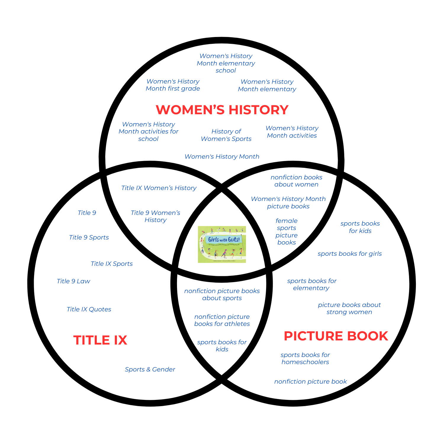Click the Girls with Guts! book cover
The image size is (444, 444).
click(x=222, y=244)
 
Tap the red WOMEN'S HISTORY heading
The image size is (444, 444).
click(x=222, y=110)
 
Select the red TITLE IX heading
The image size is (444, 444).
click(x=100, y=340)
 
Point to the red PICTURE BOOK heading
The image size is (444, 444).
click(x=336, y=336)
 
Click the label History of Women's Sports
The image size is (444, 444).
click(x=226, y=135)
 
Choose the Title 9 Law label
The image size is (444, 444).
click(x=73, y=281)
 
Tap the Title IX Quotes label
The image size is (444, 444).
click(x=89, y=309)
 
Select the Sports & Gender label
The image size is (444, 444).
click(x=150, y=369)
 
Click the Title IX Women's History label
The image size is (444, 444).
click(x=159, y=188)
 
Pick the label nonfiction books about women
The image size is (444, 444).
click(x=296, y=181)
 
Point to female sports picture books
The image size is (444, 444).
click(x=287, y=231)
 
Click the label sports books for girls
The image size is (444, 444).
click(x=350, y=254)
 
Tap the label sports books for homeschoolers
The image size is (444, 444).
click(x=305, y=358)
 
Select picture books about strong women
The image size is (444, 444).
click(x=349, y=308)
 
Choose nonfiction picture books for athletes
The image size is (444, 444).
click(x=222, y=320)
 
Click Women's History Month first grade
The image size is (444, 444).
click(x=173, y=85)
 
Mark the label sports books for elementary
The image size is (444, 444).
click(x=312, y=284)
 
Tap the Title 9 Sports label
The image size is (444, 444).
click(x=89, y=237)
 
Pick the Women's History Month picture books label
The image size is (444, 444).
click(x=288, y=202)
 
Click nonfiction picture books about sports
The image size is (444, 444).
click(x=222, y=295)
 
